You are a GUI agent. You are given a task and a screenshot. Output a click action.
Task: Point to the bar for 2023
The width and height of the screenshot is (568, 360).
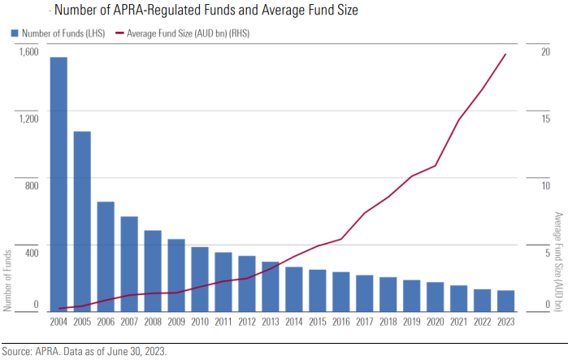click(x=505, y=301)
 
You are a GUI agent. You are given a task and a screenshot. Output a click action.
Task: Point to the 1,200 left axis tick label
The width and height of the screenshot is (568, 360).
click(x=28, y=118)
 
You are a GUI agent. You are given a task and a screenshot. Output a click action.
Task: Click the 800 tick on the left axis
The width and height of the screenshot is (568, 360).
click(x=31, y=185)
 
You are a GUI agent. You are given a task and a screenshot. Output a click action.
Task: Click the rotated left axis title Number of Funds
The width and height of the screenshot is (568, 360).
click(x=7, y=280)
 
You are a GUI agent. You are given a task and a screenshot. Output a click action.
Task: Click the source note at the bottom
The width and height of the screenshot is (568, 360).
click(x=89, y=352)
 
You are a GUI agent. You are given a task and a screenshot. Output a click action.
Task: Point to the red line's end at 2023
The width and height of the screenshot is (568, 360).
click(x=505, y=54)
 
